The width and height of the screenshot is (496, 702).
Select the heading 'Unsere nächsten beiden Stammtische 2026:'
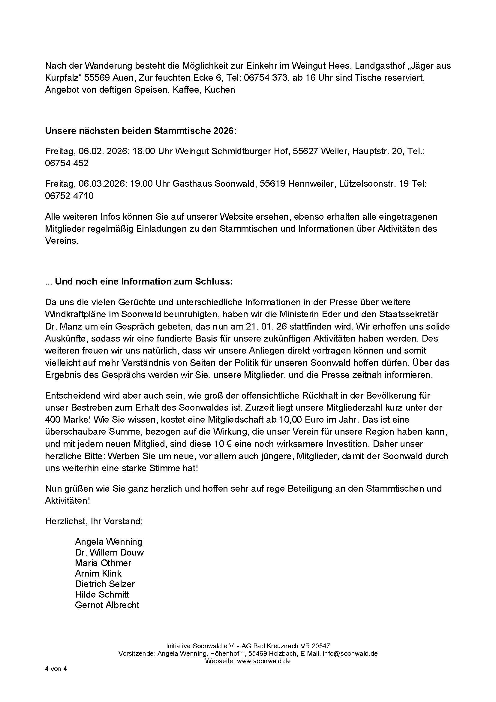click(141, 131)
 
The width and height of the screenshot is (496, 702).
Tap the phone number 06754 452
click(67, 163)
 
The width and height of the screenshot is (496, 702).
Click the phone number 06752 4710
click(69, 196)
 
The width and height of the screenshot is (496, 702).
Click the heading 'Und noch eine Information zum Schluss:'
click(144, 282)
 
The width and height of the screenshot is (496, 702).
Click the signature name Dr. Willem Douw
click(109, 553)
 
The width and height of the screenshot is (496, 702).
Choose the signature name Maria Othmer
click(103, 563)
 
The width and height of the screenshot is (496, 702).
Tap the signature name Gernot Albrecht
click(107, 605)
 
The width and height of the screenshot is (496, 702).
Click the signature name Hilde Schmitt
click(102, 594)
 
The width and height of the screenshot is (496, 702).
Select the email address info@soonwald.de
click(350, 654)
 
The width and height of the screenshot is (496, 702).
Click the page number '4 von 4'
click(56, 669)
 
